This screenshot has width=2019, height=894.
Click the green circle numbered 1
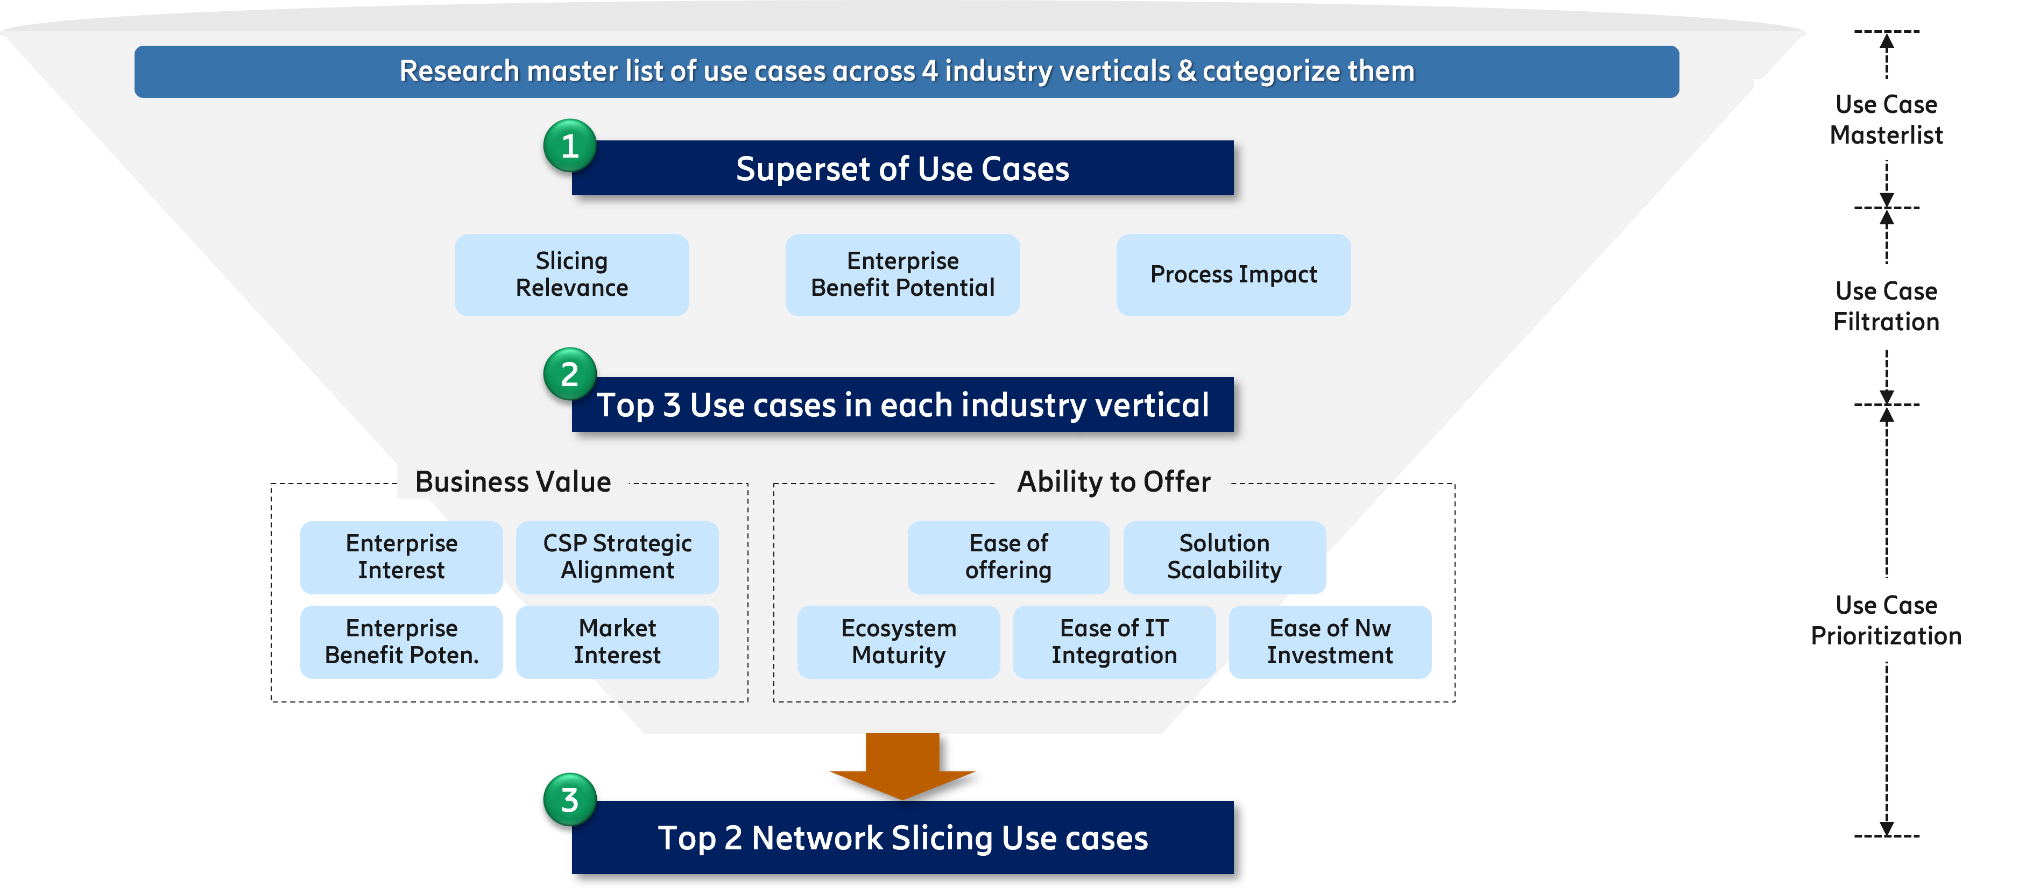click(570, 146)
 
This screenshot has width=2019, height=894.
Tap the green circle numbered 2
click(570, 374)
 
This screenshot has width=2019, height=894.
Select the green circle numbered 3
click(570, 800)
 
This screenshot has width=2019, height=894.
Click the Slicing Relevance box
click(571, 274)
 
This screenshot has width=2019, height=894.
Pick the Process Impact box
click(1233, 274)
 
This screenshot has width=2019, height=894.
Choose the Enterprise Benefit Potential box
click(902, 274)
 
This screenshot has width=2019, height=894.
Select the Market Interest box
click(617, 642)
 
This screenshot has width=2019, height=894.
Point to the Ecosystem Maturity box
click(898, 642)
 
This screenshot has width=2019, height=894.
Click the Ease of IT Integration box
click(1114, 642)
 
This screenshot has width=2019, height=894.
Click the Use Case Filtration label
click(1886, 307)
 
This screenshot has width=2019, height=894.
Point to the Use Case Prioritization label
click(1886, 620)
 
